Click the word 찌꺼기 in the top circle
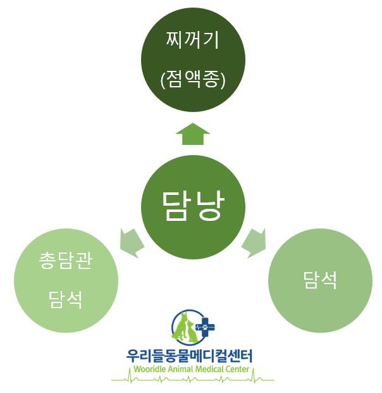(x=193, y=40)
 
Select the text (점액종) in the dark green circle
(x=193, y=79)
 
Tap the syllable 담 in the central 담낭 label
(x=176, y=206)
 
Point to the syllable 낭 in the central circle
(x=210, y=206)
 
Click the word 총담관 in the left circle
(x=66, y=260)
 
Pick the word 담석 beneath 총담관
(x=65, y=300)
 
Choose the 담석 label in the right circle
(x=320, y=280)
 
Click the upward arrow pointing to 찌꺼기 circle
(x=193, y=134)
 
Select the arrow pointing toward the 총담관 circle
(x=132, y=242)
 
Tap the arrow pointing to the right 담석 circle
(x=254, y=242)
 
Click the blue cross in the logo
(x=205, y=327)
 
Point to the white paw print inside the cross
(x=205, y=327)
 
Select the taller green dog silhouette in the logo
(x=181, y=326)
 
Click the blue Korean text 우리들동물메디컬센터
(x=189, y=356)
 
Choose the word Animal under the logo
(x=181, y=369)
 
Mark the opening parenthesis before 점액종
(x=163, y=80)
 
